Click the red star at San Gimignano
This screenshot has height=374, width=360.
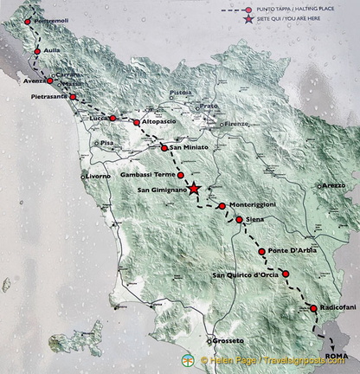tap(195, 188)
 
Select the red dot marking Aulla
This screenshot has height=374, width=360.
tap(37, 51)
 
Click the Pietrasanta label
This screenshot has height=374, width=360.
tap(43, 98)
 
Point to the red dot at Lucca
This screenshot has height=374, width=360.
tap(112, 118)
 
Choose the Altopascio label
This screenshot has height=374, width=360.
tap(163, 123)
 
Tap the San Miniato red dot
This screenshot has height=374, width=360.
tap(164, 148)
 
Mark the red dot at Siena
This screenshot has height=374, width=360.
tap(240, 220)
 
